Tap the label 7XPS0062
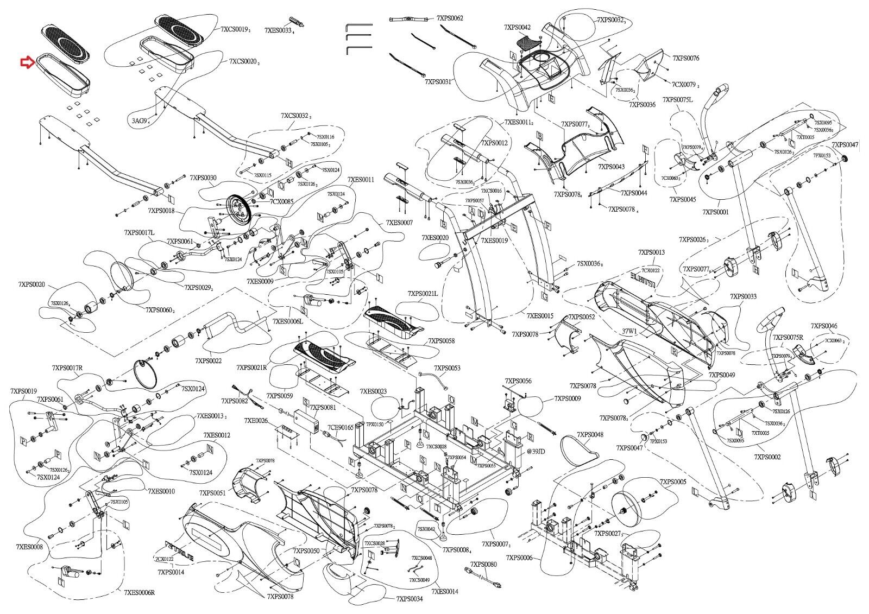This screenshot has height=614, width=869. tap(450, 18)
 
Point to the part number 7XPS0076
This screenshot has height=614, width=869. tap(685, 58)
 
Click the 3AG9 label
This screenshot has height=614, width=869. tap(139, 121)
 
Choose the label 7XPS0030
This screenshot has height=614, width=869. tap(203, 178)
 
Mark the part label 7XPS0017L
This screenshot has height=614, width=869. tap(139, 232)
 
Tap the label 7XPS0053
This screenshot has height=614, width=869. tap(446, 368)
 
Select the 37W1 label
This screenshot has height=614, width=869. tap(629, 330)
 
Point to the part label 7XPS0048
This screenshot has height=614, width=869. tap(590, 435)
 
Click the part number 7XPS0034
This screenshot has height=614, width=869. tap(409, 599)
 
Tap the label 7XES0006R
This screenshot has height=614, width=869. tap(140, 592)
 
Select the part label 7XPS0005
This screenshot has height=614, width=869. tap(672, 482)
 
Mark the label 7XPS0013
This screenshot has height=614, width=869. tap(651, 252)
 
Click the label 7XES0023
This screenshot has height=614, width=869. tap(374, 391)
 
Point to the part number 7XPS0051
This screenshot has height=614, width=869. tap(212, 492)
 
